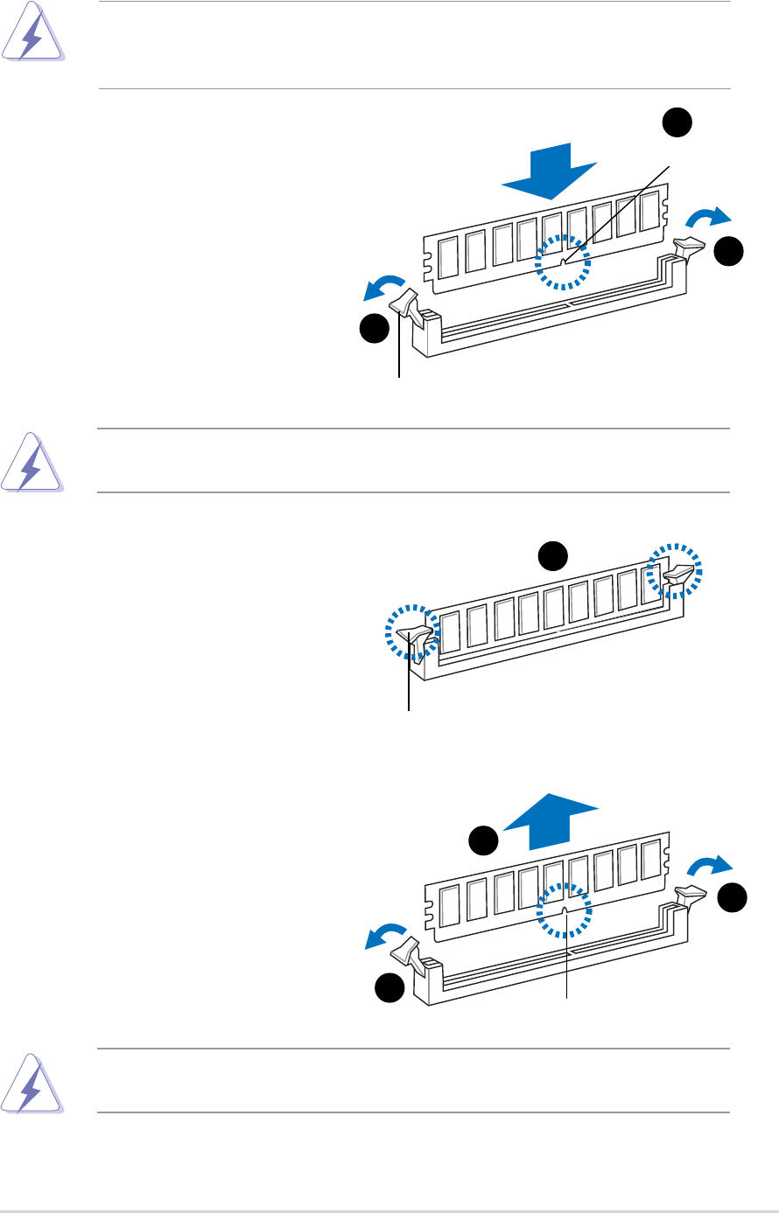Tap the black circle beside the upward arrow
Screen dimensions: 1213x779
tap(482, 840)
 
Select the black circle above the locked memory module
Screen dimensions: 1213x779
tap(551, 554)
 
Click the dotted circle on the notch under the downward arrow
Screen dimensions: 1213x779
tap(563, 261)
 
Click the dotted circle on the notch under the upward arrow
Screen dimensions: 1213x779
tap(565, 910)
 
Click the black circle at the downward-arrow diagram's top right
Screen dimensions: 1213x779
tap(676, 123)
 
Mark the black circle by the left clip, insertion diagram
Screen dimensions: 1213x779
tap(375, 329)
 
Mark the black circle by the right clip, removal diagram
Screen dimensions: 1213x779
tap(733, 897)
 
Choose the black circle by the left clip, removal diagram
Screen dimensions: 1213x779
tap(390, 988)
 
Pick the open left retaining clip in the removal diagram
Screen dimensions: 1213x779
tap(409, 950)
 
